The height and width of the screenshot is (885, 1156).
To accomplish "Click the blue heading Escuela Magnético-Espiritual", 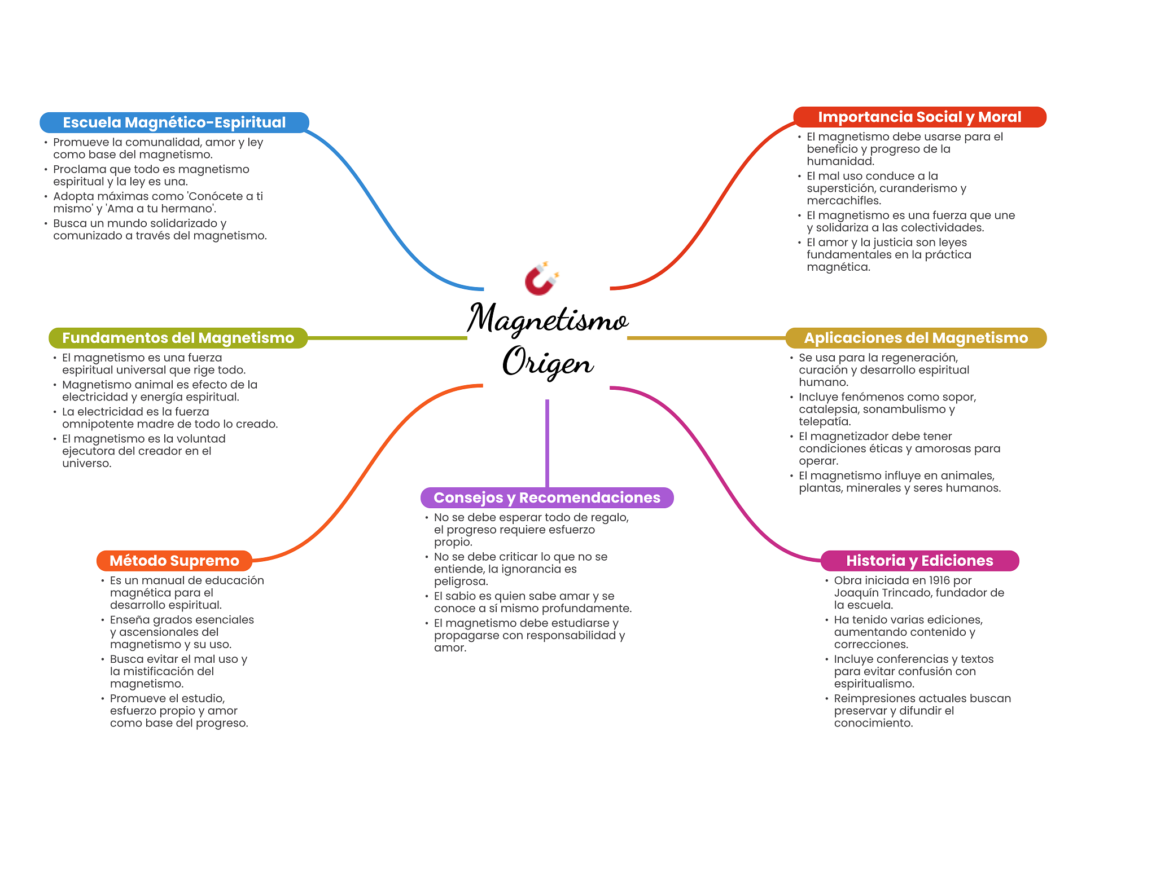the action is (x=174, y=122).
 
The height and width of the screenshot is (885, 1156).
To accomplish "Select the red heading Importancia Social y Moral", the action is (x=919, y=117).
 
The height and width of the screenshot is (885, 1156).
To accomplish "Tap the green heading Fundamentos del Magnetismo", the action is (x=178, y=338).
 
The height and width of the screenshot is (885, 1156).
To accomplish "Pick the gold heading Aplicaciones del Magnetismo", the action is (x=916, y=338).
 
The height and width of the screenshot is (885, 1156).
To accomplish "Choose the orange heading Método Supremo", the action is (x=174, y=561).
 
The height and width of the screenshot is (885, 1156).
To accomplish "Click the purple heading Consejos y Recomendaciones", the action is (x=547, y=497).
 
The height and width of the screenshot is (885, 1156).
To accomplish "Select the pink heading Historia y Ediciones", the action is (x=919, y=561).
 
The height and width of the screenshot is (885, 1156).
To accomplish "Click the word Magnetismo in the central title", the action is (x=548, y=319).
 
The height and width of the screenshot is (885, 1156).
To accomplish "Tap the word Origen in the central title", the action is (x=548, y=362).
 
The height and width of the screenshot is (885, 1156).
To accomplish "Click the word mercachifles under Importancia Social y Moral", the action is (x=844, y=201).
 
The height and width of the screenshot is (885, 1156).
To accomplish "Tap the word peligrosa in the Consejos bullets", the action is (x=461, y=582).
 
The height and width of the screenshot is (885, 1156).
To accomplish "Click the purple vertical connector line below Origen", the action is (x=547, y=443).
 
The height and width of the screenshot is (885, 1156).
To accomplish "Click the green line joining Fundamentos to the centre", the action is (x=387, y=338).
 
